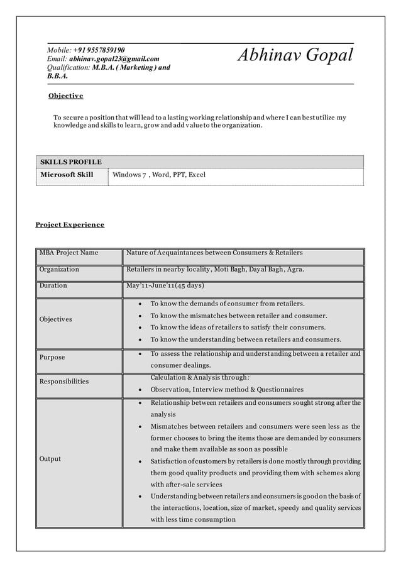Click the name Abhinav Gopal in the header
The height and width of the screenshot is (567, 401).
pos(295,55)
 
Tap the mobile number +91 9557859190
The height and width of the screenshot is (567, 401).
pos(99,50)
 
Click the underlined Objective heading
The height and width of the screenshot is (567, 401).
pos(66,96)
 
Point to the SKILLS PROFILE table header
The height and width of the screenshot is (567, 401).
pos(70,162)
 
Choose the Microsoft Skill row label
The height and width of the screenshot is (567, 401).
pos(67,174)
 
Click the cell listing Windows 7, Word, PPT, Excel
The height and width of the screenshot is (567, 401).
pos(159,174)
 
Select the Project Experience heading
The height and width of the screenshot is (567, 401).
pos(70,224)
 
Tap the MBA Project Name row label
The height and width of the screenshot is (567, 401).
pos(69,253)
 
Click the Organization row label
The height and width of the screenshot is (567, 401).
pos(59,269)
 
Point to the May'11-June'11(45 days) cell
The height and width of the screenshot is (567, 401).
pos(165,285)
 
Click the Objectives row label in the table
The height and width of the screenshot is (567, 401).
pos(55,319)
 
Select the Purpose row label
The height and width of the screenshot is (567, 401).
pos(52,357)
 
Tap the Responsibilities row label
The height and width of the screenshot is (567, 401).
pos(63,382)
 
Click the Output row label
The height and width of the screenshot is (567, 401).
pos(50,459)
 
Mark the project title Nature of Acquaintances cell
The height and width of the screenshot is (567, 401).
pos(214,253)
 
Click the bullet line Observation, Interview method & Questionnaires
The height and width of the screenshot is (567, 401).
pos(227,390)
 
